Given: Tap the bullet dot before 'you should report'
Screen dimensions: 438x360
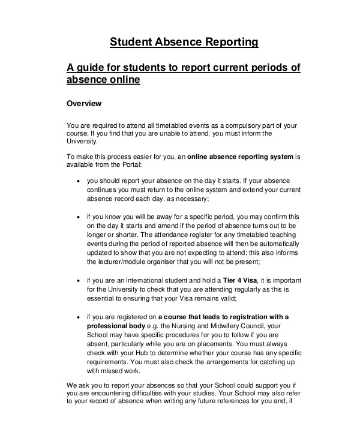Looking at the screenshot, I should [x=79, y=179].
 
